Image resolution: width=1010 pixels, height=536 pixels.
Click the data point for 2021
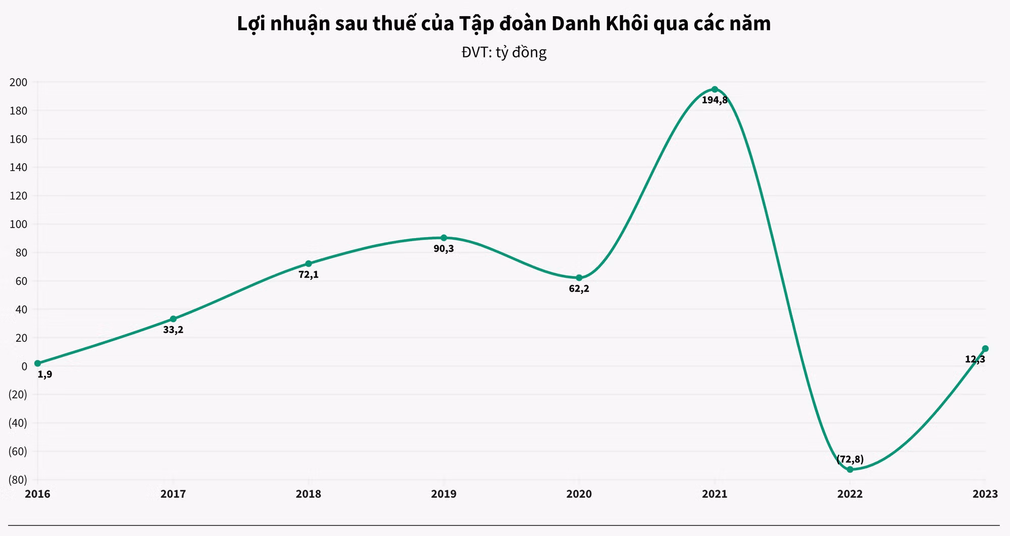715,89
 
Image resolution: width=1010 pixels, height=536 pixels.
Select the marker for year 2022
850,469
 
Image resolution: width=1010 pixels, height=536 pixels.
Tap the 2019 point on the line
444,238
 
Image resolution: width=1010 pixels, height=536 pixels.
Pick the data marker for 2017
173,319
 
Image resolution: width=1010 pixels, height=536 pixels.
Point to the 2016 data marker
38,363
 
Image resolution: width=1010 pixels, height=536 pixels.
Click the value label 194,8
715,100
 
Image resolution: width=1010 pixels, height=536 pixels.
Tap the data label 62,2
579,289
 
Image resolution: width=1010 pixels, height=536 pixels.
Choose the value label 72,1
309,275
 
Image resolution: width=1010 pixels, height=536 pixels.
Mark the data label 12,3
975,359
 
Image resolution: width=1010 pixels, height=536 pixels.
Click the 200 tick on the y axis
18,82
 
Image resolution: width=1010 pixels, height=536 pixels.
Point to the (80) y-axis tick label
18,479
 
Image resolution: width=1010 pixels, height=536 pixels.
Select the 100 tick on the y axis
18,224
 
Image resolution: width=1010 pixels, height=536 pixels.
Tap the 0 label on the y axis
24,366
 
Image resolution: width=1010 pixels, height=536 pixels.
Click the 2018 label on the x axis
309,494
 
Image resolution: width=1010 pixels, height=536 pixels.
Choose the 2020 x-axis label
579,494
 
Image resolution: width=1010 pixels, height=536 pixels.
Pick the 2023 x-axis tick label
985,494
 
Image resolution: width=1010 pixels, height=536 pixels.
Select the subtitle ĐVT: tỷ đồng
504,52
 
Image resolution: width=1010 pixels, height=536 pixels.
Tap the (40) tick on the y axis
18,423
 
